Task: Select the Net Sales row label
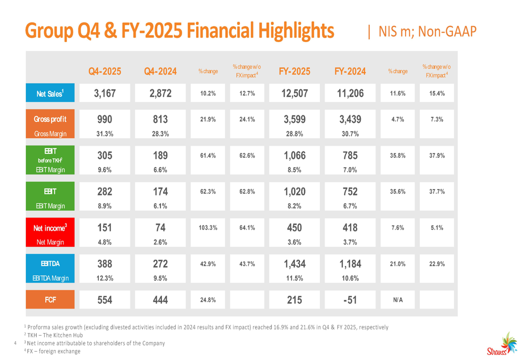[x=50, y=94]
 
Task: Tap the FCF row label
[x=50, y=300]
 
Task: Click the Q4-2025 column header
[x=105, y=71]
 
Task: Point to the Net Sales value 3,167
[x=105, y=94]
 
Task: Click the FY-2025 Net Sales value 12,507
[x=295, y=94]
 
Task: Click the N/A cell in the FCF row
[x=398, y=300]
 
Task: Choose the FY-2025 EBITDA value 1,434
[x=295, y=264]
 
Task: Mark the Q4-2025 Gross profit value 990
[x=105, y=119]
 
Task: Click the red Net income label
[x=50, y=228]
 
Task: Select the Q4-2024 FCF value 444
[x=160, y=300]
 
